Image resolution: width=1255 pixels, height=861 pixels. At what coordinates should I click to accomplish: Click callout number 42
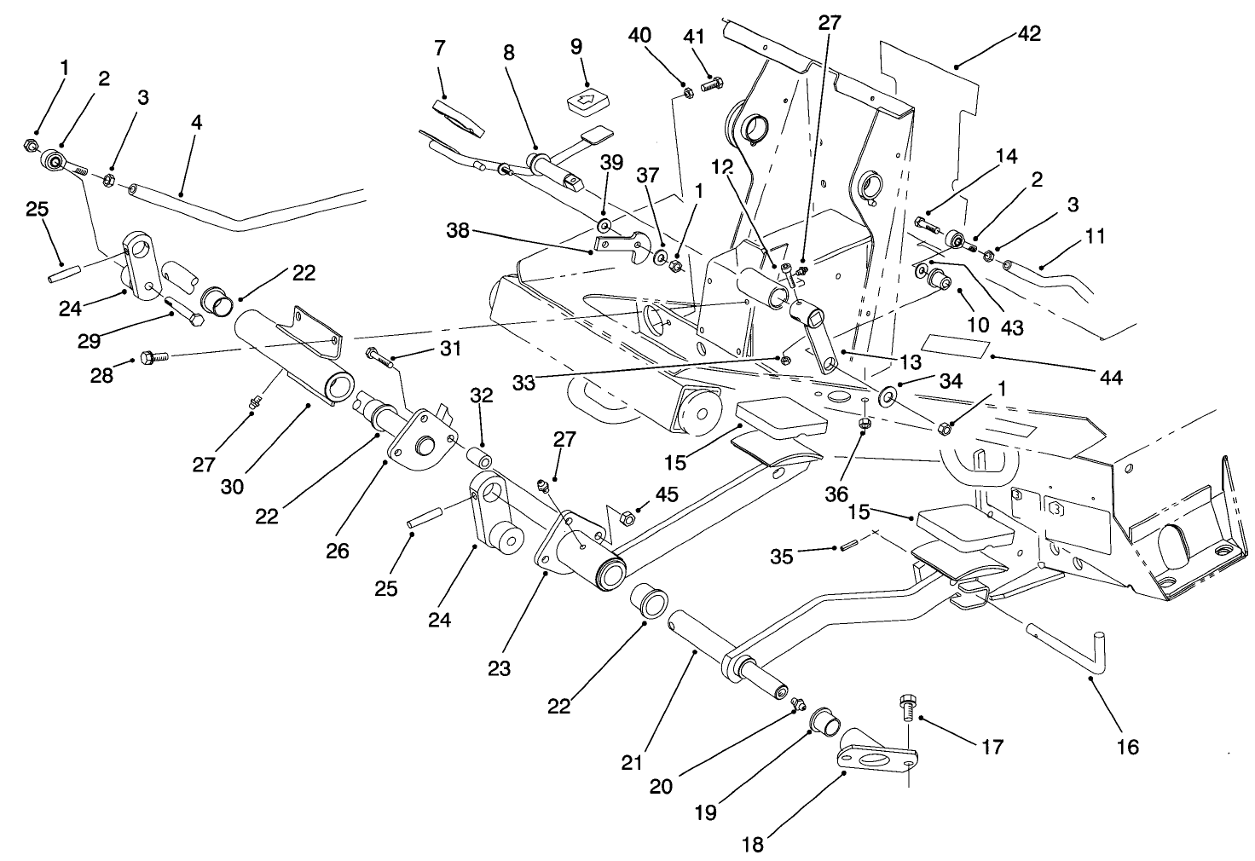click(x=1029, y=34)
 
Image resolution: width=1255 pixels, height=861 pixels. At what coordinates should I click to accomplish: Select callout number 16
click(x=1127, y=747)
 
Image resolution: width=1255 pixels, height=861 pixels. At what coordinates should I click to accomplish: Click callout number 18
click(x=753, y=845)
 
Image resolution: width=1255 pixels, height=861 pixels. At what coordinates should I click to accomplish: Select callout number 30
click(x=233, y=486)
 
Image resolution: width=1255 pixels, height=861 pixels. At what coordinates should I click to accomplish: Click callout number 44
click(x=1111, y=377)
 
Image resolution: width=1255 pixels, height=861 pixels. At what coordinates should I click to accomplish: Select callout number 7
click(x=439, y=49)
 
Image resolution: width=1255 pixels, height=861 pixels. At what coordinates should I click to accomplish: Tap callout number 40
click(x=640, y=35)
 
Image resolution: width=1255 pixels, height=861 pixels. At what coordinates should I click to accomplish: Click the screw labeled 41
click(x=712, y=84)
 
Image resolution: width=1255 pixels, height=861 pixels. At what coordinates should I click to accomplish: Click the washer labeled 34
click(x=888, y=395)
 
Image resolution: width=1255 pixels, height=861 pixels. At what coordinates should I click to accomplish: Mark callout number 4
click(x=197, y=123)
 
